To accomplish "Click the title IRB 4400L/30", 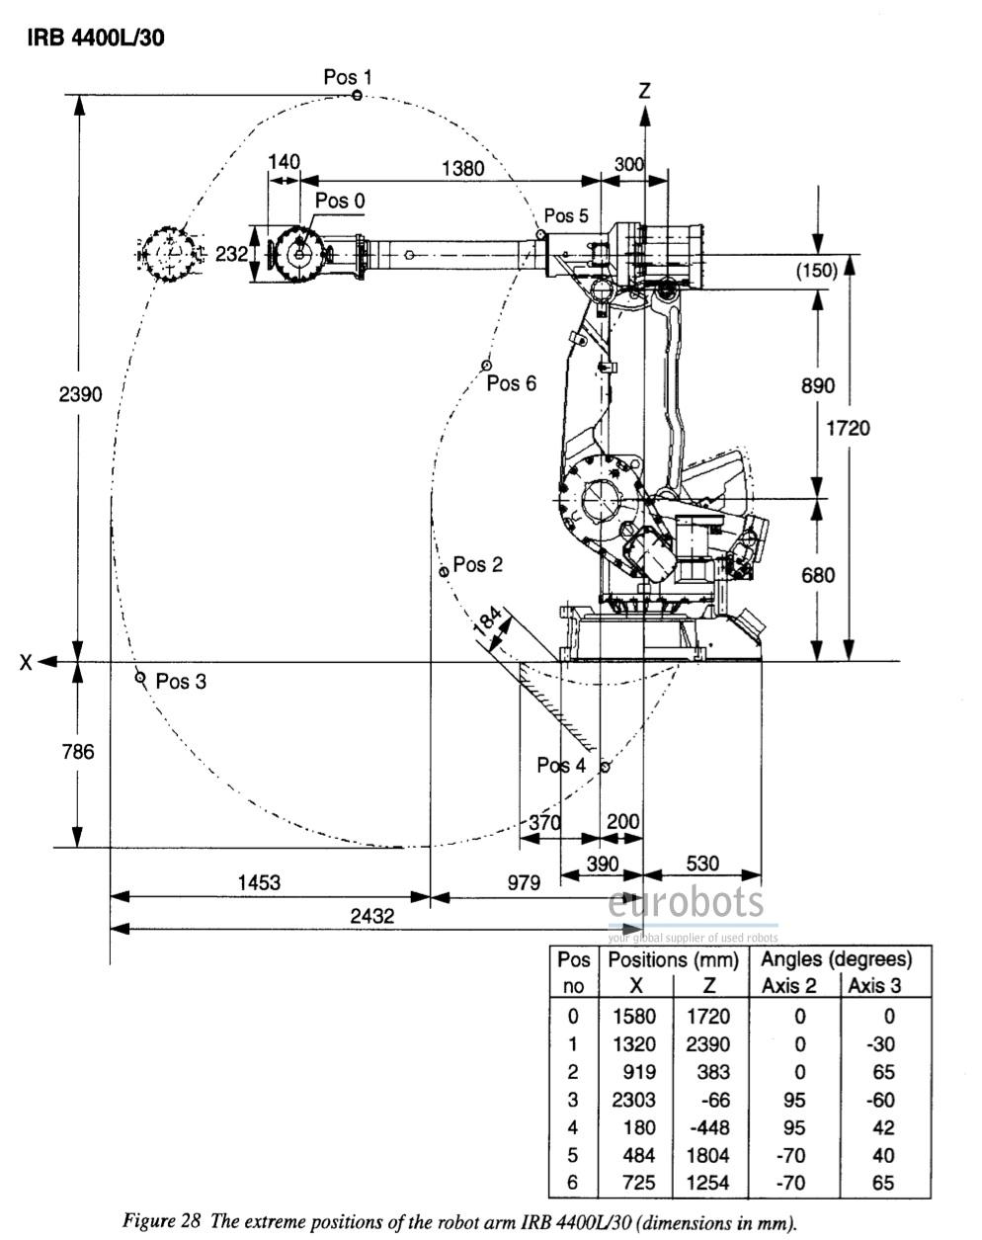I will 95,37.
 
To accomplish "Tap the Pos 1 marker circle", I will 357,95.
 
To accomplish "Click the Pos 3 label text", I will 181,681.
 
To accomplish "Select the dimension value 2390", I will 80,393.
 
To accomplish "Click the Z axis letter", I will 644,91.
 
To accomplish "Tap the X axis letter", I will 27,662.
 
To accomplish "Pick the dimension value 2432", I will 371,916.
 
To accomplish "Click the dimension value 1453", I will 258,882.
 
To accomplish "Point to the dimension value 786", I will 77,752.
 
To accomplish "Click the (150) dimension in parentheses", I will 817,271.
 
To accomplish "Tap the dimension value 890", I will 817,385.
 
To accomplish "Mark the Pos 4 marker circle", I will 606,766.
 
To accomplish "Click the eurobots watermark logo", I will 686,903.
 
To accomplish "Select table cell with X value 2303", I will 635,1099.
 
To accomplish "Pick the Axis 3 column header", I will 874,985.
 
